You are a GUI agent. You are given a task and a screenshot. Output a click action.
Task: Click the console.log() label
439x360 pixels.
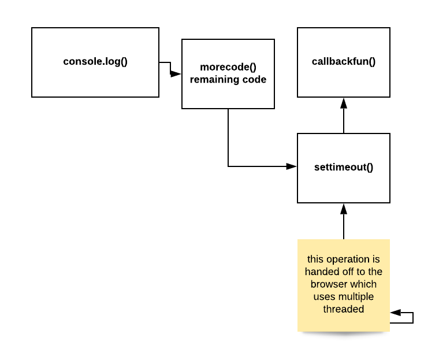(95, 61)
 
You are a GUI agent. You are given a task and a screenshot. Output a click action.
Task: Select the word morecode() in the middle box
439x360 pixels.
(228, 67)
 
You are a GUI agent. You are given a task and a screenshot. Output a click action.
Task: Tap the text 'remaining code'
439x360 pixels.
(228, 80)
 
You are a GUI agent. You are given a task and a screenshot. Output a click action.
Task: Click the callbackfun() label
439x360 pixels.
(344, 61)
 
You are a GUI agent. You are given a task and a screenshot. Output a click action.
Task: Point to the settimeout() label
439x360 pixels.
(344, 168)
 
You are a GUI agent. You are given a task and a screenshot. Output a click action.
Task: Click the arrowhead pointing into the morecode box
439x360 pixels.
(176, 74)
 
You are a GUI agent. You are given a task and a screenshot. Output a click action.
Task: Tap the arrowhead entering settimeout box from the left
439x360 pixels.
(292, 166)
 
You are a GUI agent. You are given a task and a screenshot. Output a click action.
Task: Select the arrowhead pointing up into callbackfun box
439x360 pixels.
(344, 103)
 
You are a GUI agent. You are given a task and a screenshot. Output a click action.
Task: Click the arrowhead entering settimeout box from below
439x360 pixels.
(344, 209)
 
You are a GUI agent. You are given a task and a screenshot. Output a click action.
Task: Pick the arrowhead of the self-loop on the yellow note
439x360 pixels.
(396, 313)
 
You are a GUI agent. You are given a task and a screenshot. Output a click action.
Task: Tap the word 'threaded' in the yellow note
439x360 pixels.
(344, 309)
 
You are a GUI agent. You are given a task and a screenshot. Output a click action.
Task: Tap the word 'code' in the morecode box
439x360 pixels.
(255, 80)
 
